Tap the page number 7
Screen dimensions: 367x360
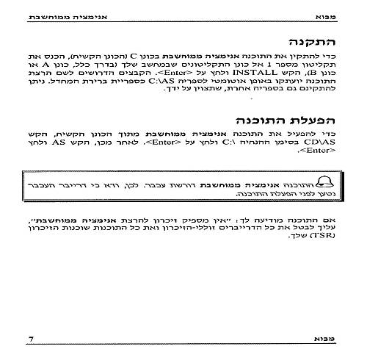(30, 339)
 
